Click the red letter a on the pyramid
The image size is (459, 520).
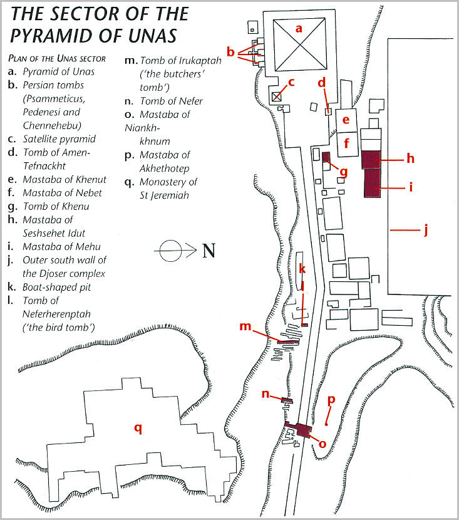299,29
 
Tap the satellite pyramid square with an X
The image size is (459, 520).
276,97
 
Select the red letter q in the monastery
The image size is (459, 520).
138,429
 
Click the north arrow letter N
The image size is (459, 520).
209,251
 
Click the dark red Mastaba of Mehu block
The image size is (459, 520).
373,183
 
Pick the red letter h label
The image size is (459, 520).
411,159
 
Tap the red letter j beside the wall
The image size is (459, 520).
426,229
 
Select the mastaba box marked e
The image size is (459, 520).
347,121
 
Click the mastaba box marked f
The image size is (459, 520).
348,145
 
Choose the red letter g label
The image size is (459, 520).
344,172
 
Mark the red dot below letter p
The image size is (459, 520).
326,424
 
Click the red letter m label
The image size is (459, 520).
245,326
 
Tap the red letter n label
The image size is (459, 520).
266,394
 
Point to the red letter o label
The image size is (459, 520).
322,444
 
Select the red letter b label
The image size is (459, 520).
230,52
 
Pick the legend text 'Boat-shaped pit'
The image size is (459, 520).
57,287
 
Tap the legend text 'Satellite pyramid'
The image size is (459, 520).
59,139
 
